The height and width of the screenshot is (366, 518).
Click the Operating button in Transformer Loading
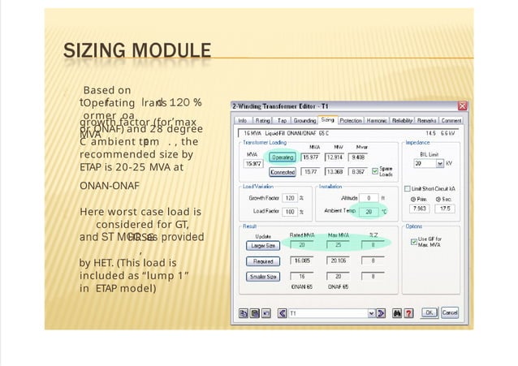click(x=282, y=157)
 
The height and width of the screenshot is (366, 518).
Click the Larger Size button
click(x=261, y=244)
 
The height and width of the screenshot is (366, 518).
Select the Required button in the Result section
click(x=261, y=261)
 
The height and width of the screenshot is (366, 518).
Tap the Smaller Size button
click(x=261, y=277)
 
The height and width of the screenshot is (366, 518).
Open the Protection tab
click(x=351, y=120)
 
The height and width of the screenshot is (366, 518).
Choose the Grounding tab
click(x=304, y=120)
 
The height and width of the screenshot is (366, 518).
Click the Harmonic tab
click(x=377, y=120)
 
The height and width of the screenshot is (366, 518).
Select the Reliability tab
click(x=403, y=120)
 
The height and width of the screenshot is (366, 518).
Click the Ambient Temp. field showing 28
click(x=369, y=211)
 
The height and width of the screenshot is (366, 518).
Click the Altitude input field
click(x=369, y=197)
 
